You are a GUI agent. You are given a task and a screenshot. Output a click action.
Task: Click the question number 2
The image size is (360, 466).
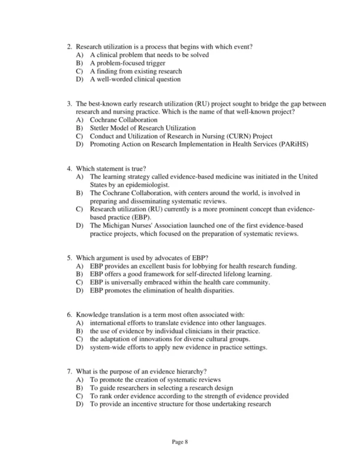click(x=70, y=46)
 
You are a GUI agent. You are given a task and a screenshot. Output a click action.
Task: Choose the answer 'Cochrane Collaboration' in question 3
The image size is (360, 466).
click(x=124, y=120)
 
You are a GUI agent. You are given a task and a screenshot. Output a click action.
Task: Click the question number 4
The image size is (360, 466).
click(x=70, y=169)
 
